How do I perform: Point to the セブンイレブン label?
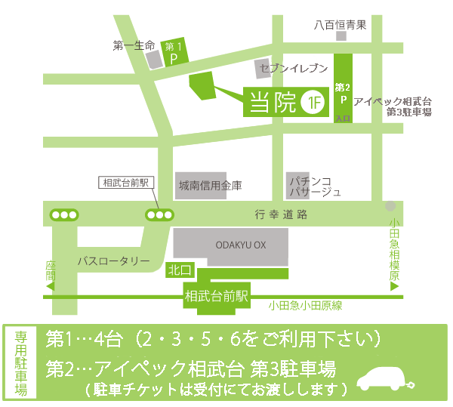click(x=293, y=69)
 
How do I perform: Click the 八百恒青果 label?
click(x=341, y=24)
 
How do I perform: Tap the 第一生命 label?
click(x=134, y=45)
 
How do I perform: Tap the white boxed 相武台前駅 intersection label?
click(x=127, y=183)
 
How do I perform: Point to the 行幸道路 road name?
click(x=281, y=214)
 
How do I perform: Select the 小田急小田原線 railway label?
click(x=305, y=305)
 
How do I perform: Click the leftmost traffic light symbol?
click(x=63, y=214)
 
